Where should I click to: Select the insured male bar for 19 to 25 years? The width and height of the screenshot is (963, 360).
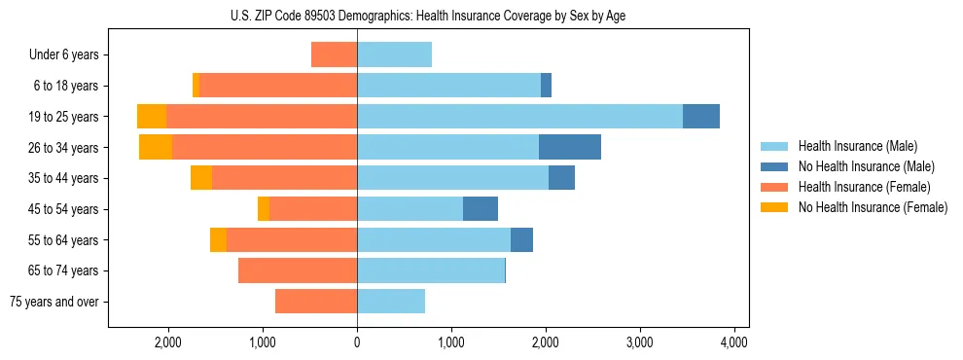pos(519,117)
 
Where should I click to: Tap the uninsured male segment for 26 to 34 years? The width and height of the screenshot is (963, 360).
pos(570,147)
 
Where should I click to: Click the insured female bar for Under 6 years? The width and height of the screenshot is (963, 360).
pos(334,54)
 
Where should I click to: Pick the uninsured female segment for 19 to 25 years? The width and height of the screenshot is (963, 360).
pos(152,117)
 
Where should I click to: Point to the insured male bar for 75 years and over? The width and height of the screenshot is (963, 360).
pos(391,302)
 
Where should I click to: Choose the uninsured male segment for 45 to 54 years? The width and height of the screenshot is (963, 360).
pos(481,209)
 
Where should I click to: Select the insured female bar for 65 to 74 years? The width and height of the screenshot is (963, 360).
pos(298,270)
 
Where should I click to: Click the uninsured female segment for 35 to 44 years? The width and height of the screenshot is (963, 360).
pos(201,178)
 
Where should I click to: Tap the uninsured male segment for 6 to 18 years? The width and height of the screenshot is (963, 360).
pos(547,86)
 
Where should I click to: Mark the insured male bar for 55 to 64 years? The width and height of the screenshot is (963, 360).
pos(434,240)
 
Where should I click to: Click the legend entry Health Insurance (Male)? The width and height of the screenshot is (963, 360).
pos(857,146)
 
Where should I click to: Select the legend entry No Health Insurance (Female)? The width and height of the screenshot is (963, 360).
pos(873,207)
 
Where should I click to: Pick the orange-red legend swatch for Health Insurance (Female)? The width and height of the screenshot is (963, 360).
pos(774,187)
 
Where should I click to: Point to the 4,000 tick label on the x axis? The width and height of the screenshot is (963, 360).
pos(733,342)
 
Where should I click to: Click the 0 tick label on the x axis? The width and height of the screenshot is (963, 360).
pos(357,342)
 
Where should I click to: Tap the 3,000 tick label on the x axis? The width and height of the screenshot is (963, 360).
pos(639,342)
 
